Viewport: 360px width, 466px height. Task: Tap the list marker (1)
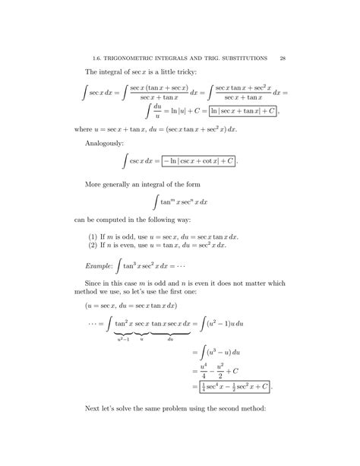coord(94,236)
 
